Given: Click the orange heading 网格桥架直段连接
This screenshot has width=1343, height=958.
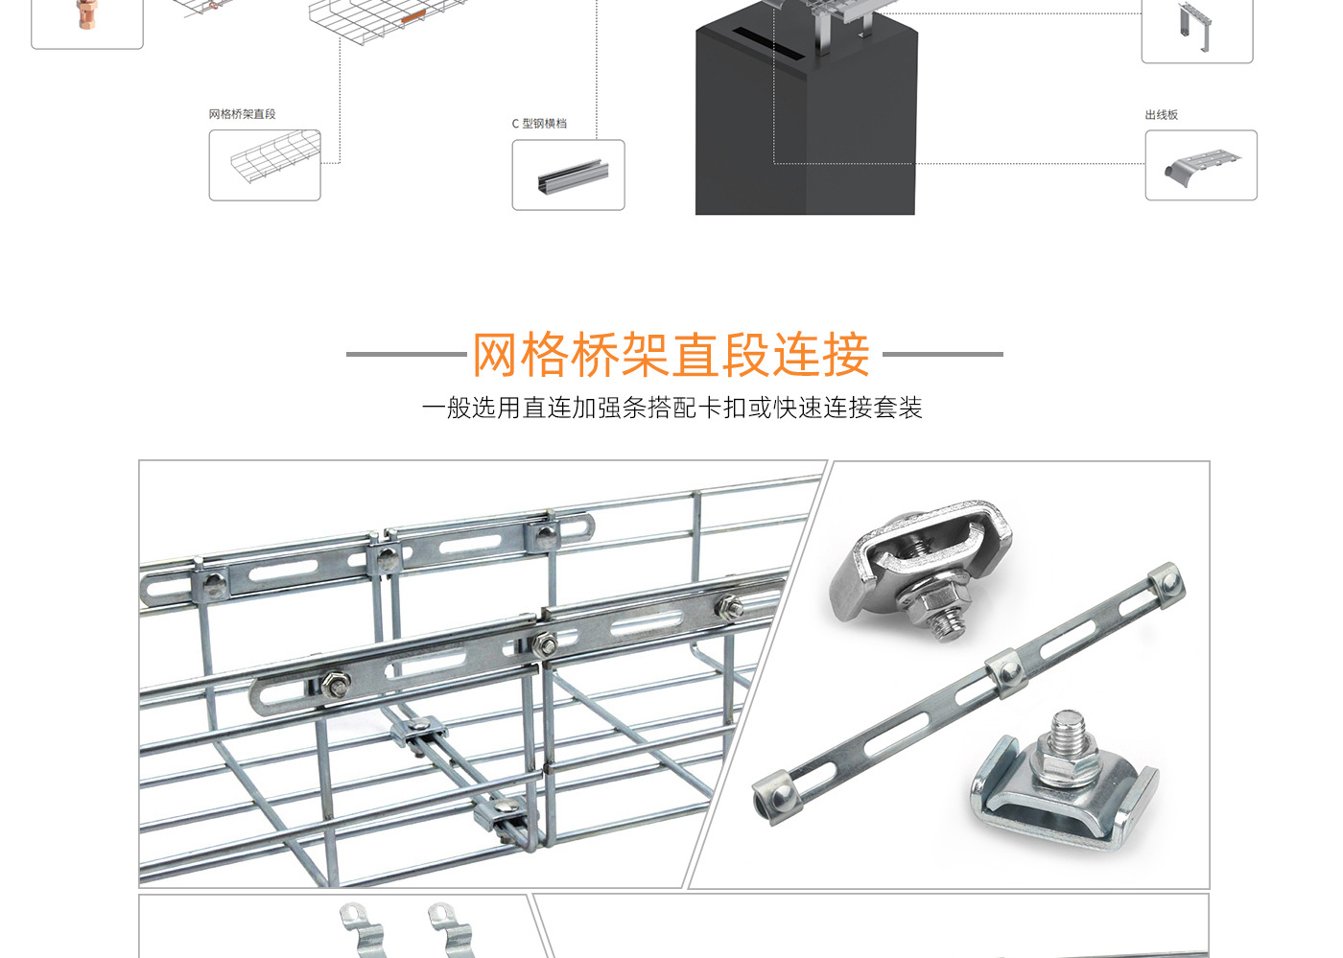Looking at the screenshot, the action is [x=671, y=355].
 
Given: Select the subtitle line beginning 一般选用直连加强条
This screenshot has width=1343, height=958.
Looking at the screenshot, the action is [x=671, y=408].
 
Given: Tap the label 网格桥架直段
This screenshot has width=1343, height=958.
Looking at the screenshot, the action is [x=242, y=114].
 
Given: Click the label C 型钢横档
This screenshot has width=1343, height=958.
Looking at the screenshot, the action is [x=539, y=124].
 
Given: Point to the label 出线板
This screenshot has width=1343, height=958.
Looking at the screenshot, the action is [x=1161, y=115].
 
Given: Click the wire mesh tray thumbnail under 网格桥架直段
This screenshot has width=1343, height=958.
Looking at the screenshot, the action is [x=265, y=165].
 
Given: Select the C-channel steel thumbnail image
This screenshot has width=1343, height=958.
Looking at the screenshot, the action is [x=568, y=175].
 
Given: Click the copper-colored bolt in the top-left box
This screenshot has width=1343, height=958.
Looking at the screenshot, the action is [x=86, y=13].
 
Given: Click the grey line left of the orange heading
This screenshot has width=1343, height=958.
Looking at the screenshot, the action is [x=406, y=354].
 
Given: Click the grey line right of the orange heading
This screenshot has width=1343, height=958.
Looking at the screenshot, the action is [x=942, y=354].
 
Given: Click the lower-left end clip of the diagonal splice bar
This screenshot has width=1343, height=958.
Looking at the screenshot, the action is [x=775, y=796].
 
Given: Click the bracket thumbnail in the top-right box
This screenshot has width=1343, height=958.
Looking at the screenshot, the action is [x=1196, y=27].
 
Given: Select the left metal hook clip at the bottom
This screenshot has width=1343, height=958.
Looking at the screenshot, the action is [x=363, y=928].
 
